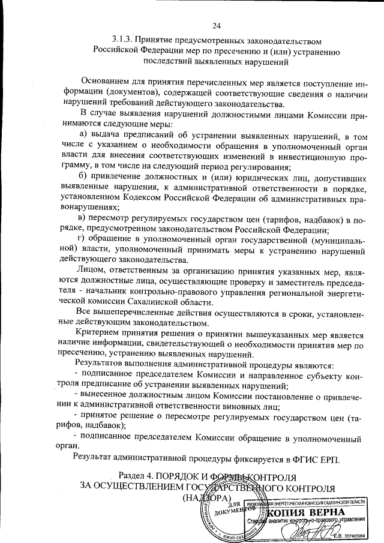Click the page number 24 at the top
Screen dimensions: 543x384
tap(217, 25)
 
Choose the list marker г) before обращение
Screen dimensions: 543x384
tap(83, 238)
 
